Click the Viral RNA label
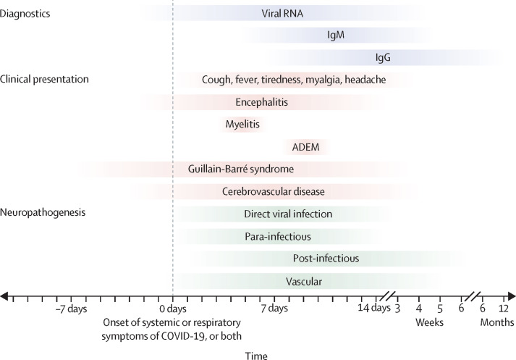(x=283, y=12)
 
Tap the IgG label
(x=383, y=57)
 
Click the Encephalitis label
(x=262, y=102)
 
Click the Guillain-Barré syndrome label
(x=240, y=169)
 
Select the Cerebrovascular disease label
(x=273, y=191)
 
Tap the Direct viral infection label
(x=288, y=214)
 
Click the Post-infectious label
(x=326, y=258)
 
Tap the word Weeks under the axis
(x=429, y=322)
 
